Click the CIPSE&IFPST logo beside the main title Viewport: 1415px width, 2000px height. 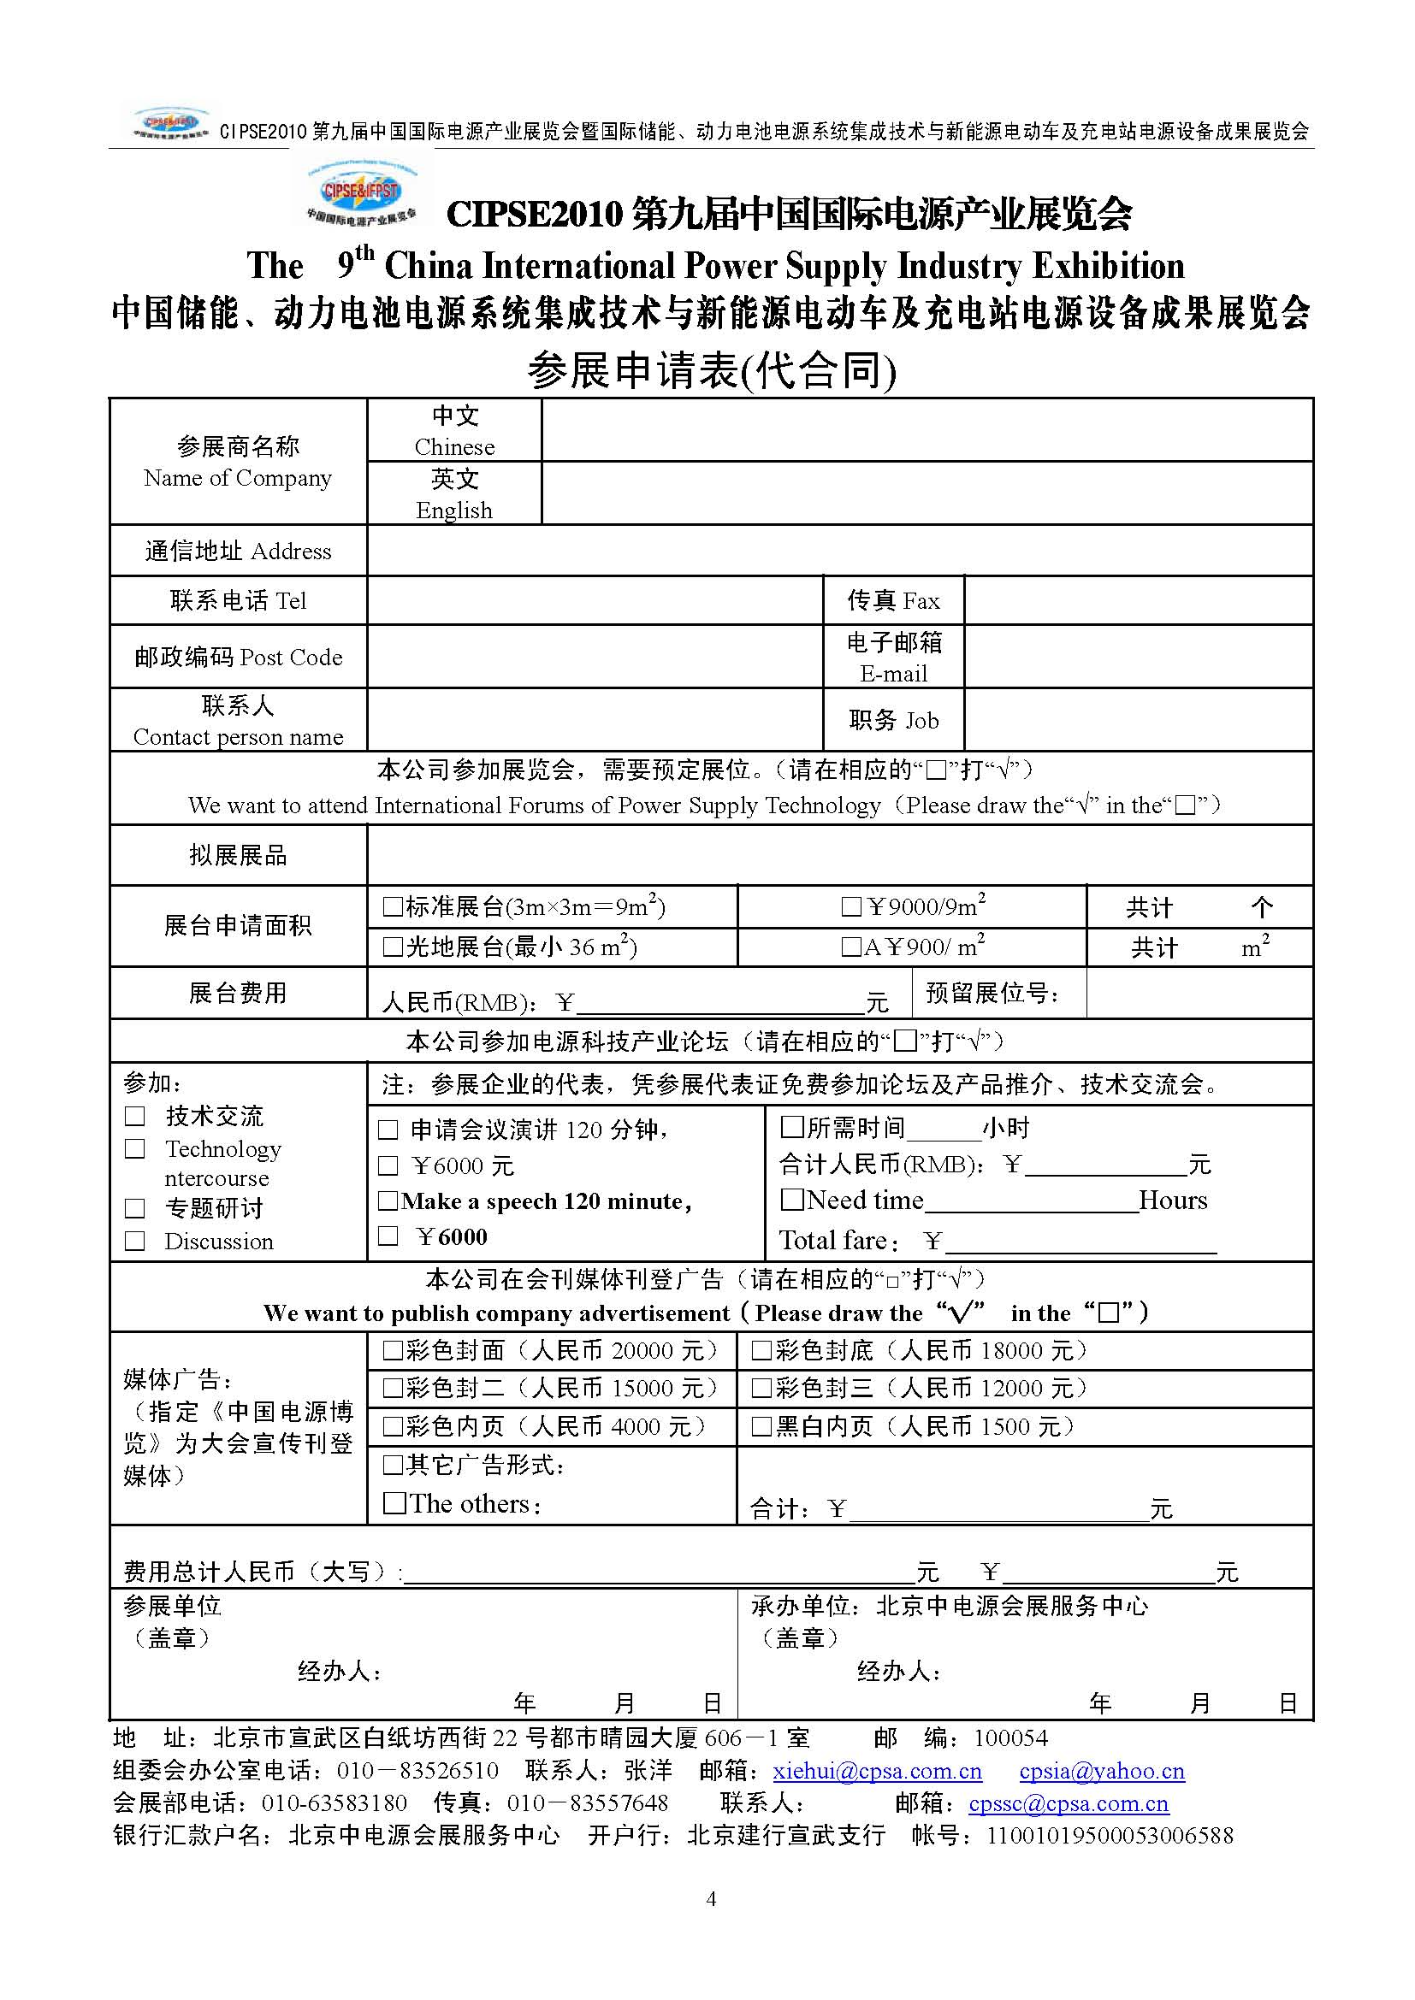361,195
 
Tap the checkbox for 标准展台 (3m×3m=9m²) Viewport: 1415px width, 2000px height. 392,908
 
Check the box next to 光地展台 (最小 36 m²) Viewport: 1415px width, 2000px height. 392,947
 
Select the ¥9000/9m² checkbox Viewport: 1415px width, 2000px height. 851,908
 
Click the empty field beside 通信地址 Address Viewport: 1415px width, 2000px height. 839,551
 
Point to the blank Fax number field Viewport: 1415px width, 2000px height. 1138,600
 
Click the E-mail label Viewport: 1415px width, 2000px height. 893,673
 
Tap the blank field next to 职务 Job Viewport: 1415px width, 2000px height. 1138,719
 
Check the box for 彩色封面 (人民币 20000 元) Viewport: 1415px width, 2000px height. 392,1351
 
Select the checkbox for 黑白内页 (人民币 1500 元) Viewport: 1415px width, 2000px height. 761,1427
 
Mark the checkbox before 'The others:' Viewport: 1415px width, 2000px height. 394,1502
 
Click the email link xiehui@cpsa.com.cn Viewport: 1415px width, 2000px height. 877,1771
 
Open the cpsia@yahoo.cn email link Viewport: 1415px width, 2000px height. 1101,1771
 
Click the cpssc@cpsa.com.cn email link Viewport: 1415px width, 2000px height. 1069,1803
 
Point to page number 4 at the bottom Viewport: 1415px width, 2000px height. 711,1899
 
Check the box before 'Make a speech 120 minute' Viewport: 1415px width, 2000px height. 388,1201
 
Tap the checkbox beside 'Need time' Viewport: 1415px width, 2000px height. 791,1200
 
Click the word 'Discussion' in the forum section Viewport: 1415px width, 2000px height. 219,1242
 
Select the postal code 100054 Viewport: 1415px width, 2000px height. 1010,1738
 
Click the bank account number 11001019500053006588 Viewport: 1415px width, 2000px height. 1110,1835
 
